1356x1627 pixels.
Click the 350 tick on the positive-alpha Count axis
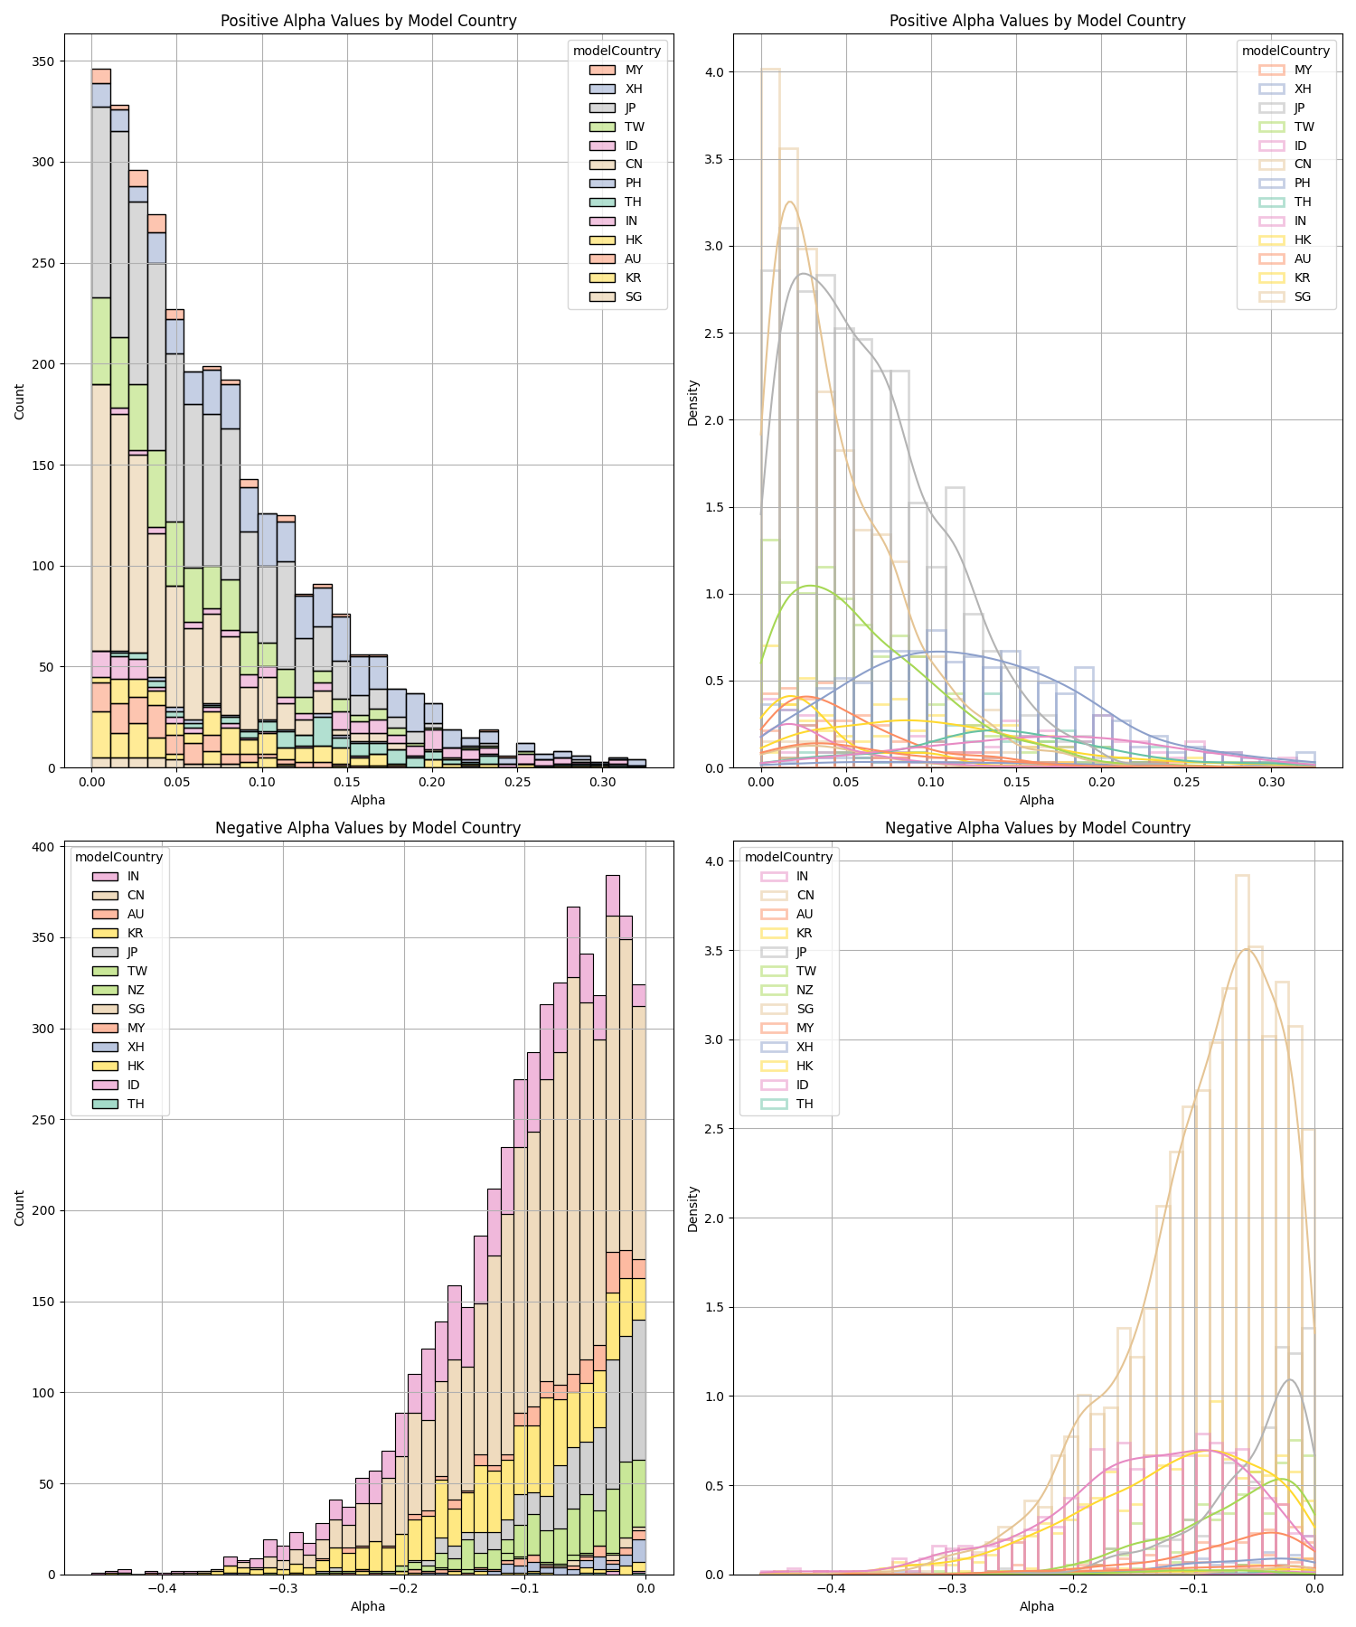click(43, 61)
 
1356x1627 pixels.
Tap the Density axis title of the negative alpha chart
click(693, 1209)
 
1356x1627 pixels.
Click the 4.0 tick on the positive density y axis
click(713, 72)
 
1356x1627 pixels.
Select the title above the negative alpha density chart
click(1037, 828)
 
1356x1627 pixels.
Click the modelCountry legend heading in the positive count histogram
click(617, 51)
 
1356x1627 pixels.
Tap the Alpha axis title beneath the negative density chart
click(1037, 1606)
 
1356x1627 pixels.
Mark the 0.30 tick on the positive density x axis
click(1272, 782)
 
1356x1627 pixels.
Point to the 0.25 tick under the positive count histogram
click(518, 782)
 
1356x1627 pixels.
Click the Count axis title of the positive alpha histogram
click(20, 401)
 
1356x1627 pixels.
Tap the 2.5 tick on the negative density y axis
click(713, 1129)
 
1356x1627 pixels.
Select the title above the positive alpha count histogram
click(368, 21)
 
